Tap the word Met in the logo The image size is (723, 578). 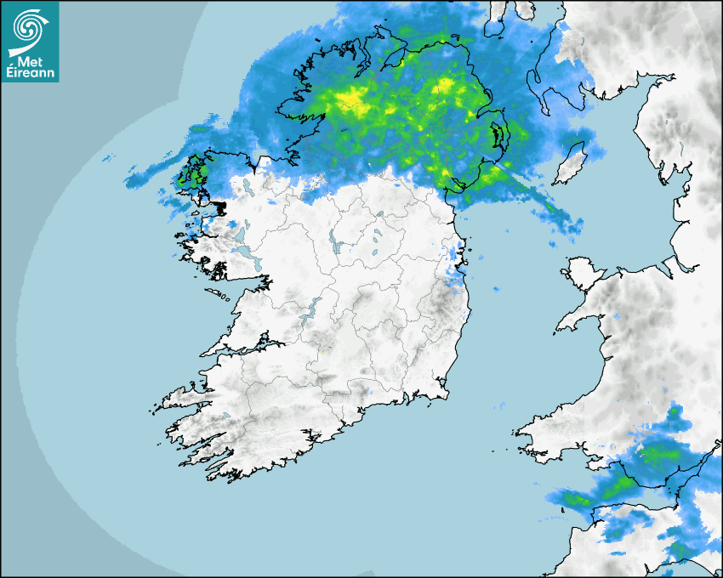pos(28,61)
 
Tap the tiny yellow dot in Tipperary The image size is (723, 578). pos(323,348)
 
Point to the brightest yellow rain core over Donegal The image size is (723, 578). pos(353,104)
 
